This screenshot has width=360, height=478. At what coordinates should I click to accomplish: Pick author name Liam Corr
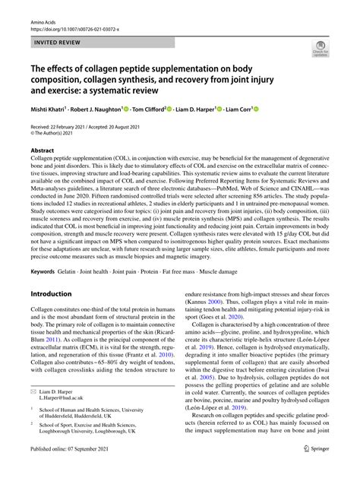238,109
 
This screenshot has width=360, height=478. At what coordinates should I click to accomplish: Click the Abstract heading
43,150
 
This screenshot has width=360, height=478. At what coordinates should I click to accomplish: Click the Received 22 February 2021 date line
71,127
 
